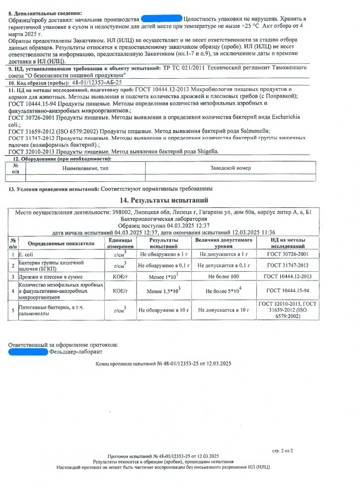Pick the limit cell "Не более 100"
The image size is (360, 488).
click(223, 276)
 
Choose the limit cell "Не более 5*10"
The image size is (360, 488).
click(223, 291)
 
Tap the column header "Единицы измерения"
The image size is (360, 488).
click(120, 242)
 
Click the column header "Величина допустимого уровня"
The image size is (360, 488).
click(223, 242)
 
